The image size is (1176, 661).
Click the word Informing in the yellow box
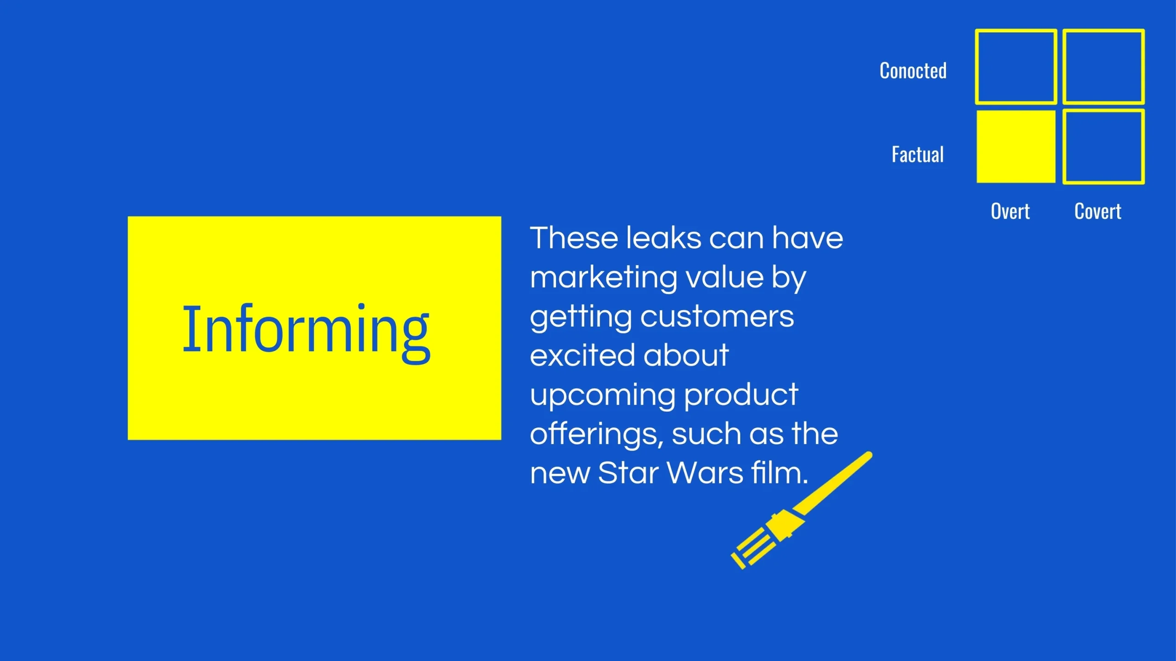click(306, 332)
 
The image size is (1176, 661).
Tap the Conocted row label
click(913, 71)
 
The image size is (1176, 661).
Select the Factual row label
click(917, 155)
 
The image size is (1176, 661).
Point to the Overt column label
click(1010, 212)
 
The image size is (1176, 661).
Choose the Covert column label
click(1097, 212)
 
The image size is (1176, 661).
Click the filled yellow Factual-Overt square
click(1016, 146)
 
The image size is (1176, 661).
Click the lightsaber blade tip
click(869, 455)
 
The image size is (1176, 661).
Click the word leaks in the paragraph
click(664, 238)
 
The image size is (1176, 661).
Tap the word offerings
click(597, 434)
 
